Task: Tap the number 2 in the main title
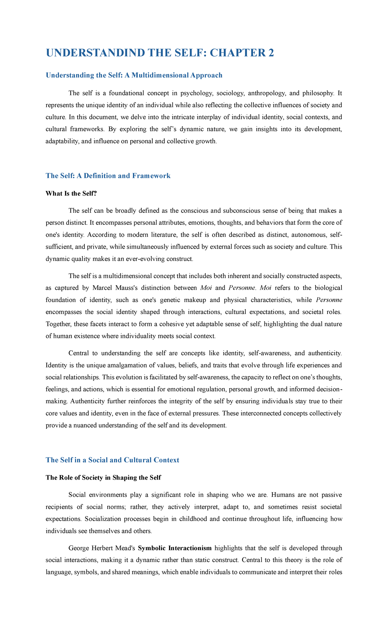coord(271,53)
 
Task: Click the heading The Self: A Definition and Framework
coord(108,176)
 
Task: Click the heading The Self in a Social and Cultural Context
coord(112,460)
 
